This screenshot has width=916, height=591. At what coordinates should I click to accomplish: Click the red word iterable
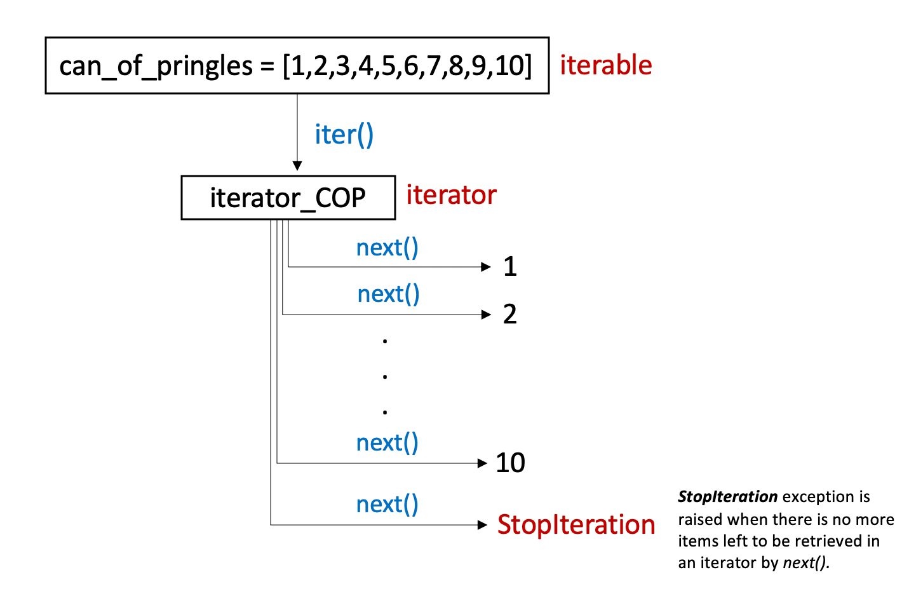pos(605,65)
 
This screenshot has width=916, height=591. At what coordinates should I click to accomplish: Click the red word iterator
pos(451,194)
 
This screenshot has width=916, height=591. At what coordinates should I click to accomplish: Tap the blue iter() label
pos(344,135)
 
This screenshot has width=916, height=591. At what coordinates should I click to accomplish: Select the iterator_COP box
pos(288,198)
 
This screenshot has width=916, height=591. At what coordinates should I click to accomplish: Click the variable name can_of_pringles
pos(156,66)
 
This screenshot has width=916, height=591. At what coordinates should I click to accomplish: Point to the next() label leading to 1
pos(387,247)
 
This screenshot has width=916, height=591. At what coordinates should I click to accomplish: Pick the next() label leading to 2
pos(388,294)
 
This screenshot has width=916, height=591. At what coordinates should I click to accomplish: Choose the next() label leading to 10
pos(387,442)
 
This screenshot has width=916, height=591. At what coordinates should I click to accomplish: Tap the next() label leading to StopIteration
pos(387,504)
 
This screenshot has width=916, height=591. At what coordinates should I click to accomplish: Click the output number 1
pos(509,266)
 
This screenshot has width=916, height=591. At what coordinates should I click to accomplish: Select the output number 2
pos(509,314)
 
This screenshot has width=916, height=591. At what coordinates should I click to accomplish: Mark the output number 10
pos(510,463)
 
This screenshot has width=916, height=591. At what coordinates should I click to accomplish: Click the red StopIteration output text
pos(576,525)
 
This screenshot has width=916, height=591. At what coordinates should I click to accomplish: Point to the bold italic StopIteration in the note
pos(727,496)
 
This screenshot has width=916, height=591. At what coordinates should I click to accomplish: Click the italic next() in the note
pos(805,562)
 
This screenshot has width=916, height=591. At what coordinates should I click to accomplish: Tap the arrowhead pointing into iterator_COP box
pos(297,166)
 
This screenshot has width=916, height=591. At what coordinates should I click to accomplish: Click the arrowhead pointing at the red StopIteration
pos(483,525)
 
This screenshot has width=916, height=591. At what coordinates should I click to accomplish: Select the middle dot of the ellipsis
pos(385,377)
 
